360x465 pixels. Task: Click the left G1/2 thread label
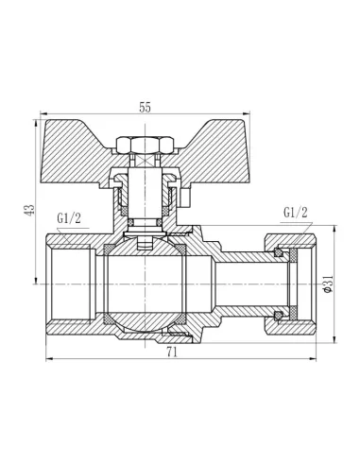(69, 218)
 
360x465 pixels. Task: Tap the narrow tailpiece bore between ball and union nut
(241, 284)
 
